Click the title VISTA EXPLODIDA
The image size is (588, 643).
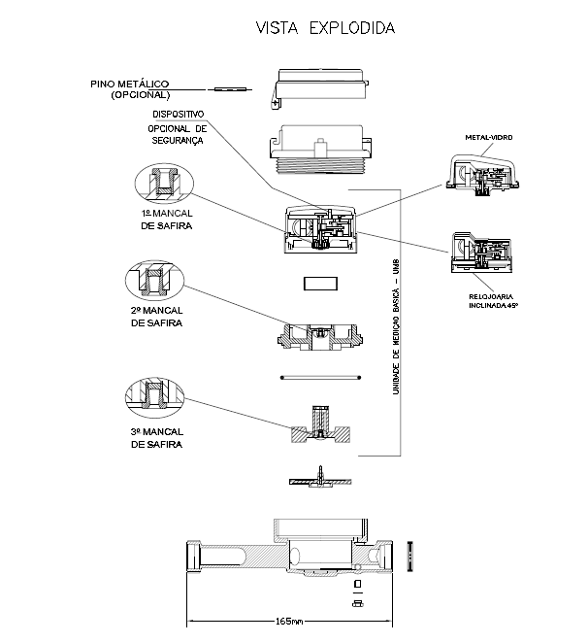(x=325, y=28)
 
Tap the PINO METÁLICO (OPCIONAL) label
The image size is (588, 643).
(x=129, y=89)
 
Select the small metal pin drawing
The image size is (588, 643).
(x=230, y=89)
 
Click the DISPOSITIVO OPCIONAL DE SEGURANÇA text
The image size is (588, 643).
(x=178, y=127)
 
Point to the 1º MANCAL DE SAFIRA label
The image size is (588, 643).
(x=166, y=220)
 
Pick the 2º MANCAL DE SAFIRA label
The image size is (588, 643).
(x=156, y=317)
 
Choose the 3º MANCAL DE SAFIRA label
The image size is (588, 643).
(x=156, y=438)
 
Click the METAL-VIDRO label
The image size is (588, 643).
(x=489, y=137)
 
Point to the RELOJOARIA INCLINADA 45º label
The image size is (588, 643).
(x=493, y=300)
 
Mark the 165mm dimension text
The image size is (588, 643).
(x=289, y=621)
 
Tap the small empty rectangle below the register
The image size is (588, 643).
(x=320, y=284)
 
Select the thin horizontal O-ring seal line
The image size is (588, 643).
(x=320, y=377)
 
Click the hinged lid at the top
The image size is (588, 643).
(x=319, y=87)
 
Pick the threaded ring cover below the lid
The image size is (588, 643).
(x=320, y=150)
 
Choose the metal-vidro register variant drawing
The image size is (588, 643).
(x=482, y=175)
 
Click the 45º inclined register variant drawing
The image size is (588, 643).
(x=481, y=253)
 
